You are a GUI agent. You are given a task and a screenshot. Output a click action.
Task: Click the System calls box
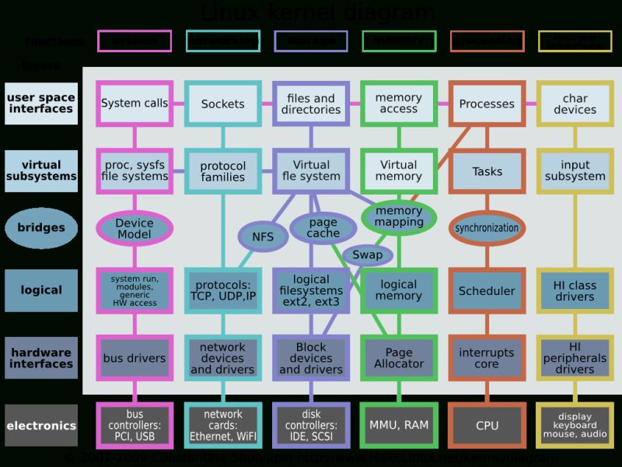[135, 103]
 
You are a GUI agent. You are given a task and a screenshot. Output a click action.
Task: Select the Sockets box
[222, 104]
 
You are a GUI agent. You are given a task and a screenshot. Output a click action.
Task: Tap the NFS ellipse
[263, 237]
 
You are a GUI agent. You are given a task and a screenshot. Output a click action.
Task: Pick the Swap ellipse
[367, 255]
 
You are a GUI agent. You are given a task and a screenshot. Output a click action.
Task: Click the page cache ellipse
[323, 227]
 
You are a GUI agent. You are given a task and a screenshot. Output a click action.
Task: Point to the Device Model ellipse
[135, 228]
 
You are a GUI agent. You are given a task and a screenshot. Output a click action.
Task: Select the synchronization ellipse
[487, 228]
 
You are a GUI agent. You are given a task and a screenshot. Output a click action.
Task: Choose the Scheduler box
[487, 291]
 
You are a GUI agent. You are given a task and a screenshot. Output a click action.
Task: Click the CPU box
[487, 426]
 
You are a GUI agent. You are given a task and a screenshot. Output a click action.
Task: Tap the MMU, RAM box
[399, 425]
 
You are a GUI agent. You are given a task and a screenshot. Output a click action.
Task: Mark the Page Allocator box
[399, 358]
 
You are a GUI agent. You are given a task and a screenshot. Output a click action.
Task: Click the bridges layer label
[41, 227]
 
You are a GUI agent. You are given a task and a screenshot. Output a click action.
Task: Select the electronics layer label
[41, 426]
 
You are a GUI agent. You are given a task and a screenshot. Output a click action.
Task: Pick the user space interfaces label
[41, 103]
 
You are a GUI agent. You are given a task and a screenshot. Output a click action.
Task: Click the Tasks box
[487, 171]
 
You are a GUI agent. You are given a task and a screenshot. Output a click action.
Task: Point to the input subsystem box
[575, 170]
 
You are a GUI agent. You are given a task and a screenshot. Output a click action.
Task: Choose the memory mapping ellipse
[399, 216]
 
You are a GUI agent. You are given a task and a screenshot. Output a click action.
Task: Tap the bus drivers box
[135, 358]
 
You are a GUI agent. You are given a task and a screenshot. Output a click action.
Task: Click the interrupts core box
[487, 358]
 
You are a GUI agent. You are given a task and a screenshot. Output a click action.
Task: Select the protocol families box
[222, 171]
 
